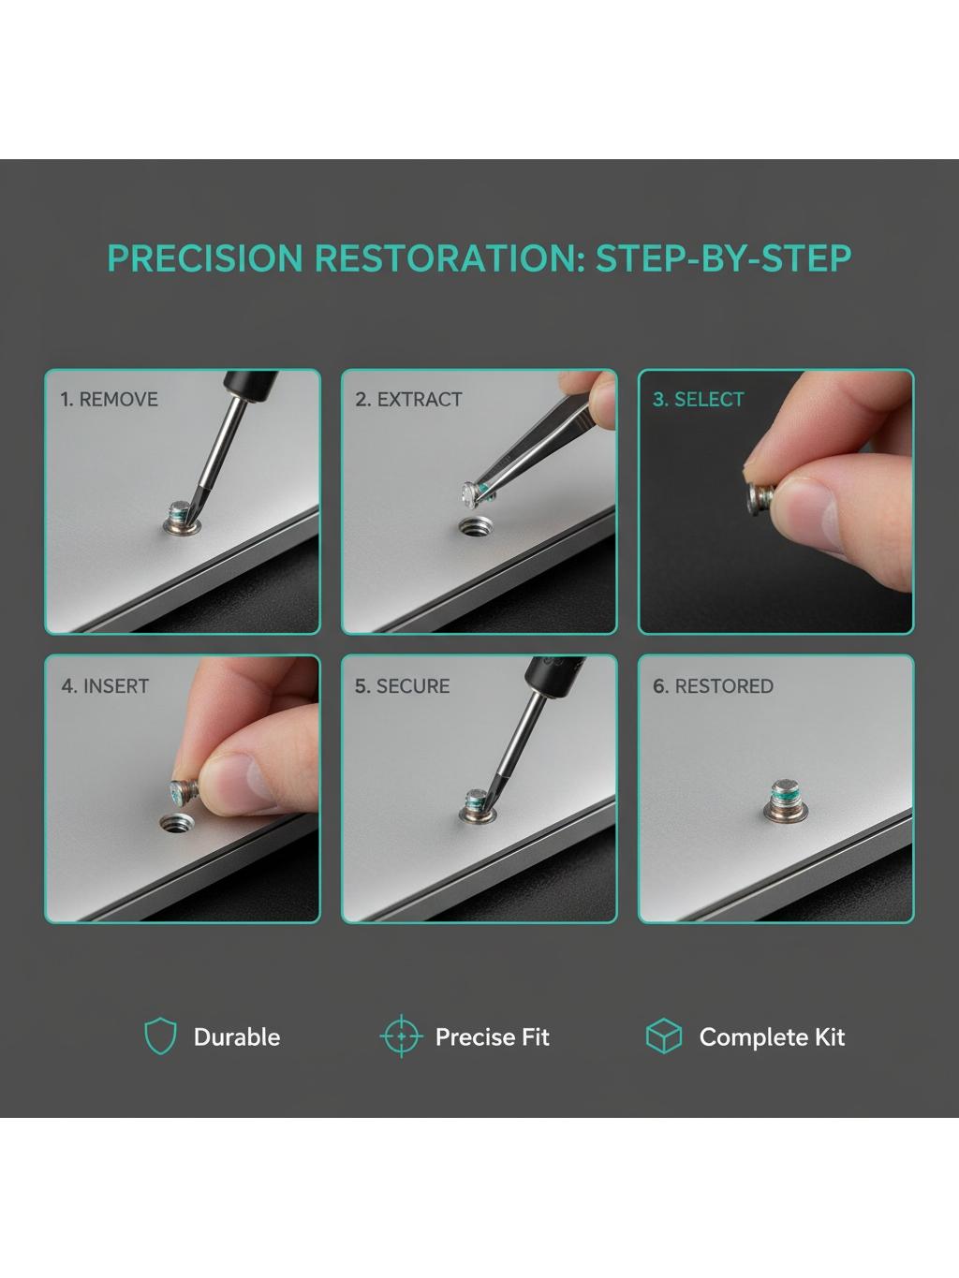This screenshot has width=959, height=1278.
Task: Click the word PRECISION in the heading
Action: pos(205,257)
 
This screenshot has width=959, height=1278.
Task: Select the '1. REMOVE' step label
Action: pos(109,400)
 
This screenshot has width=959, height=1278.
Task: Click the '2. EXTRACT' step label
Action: pos(408,400)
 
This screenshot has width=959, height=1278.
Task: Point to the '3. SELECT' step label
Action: pos(698,400)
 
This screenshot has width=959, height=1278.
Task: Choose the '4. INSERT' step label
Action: pos(105,686)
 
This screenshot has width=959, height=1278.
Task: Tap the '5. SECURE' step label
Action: pos(403,686)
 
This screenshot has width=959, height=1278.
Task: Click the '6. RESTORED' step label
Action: pos(713,686)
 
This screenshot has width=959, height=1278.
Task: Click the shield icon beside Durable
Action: pos(160,1037)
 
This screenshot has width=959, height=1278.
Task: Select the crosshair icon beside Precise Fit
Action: pos(401,1036)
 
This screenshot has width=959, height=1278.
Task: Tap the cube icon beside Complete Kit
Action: pos(664,1036)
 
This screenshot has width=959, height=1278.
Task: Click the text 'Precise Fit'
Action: pos(492,1037)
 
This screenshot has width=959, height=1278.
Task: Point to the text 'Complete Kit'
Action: pos(772,1037)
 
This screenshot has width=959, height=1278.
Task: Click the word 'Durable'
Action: pos(237,1037)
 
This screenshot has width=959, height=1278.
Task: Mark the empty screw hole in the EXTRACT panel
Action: pos(475,527)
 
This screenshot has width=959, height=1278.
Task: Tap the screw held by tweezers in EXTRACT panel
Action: pos(477,493)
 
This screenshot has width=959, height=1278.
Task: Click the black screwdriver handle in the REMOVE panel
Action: pos(250,385)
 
